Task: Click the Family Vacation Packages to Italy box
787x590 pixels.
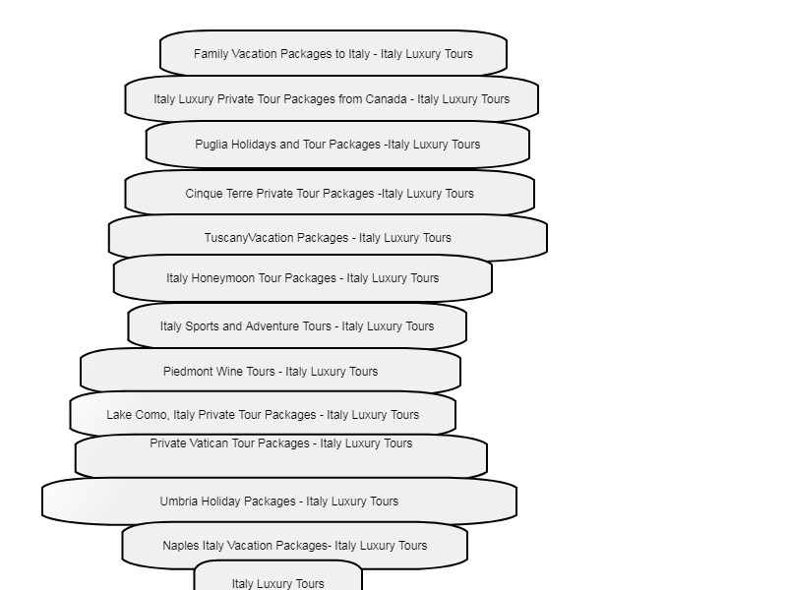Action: point(333,53)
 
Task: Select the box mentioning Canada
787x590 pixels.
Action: point(332,98)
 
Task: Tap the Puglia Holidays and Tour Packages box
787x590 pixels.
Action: point(337,144)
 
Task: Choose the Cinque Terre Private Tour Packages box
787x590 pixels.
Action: point(330,193)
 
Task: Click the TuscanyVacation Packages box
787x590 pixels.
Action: point(328,237)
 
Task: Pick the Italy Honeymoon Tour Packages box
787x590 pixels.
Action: point(303,278)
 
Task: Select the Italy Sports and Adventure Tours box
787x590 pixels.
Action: point(297,326)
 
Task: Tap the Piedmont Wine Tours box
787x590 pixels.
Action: point(271,372)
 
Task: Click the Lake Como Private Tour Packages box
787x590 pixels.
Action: point(263,414)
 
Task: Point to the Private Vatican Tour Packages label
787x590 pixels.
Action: point(281,443)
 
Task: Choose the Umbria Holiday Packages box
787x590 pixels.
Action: point(279,501)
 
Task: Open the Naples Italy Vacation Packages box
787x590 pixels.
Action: point(295,546)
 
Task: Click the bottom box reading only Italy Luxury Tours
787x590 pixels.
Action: point(278,577)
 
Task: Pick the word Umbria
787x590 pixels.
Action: point(179,501)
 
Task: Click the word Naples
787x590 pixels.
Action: point(181,546)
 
